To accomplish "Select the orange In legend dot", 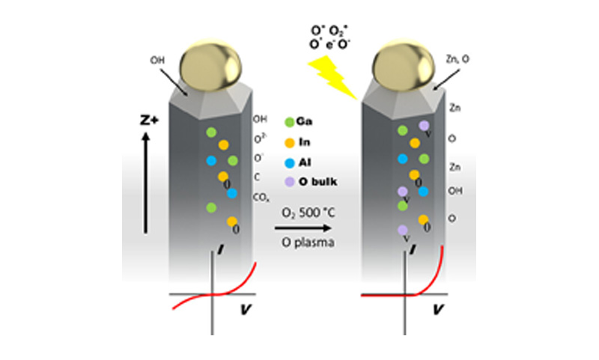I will coord(289,141).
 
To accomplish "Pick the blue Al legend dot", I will coord(289,160).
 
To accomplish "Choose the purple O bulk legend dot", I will coord(289,180).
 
